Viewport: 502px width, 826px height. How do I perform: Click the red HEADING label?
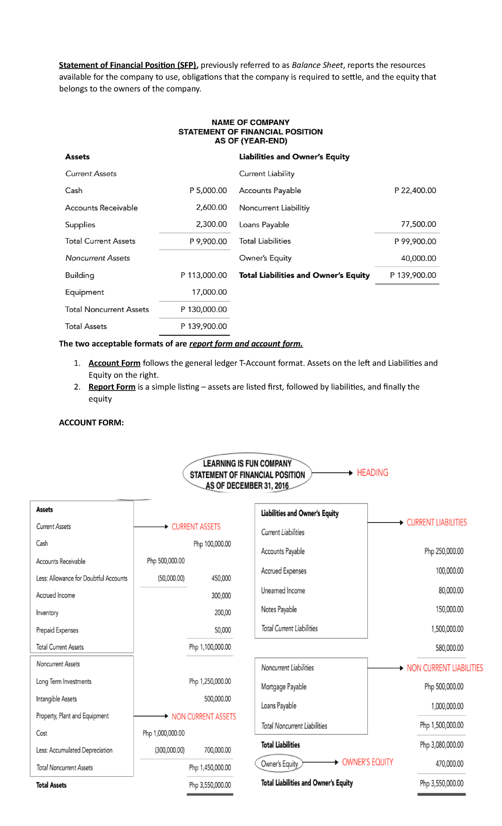[x=372, y=473]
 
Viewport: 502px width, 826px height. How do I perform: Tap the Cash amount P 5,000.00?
[x=208, y=191]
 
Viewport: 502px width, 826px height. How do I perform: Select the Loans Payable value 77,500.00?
[x=418, y=224]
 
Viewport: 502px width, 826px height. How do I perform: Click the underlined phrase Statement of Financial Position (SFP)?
[x=128, y=65]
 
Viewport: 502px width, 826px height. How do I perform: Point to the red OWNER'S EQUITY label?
[x=367, y=762]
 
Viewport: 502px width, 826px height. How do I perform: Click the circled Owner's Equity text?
[x=279, y=764]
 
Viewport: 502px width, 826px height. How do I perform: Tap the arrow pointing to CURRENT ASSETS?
[x=151, y=527]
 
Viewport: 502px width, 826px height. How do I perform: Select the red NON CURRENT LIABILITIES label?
[x=445, y=668]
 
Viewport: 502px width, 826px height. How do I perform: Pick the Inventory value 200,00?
[x=223, y=613]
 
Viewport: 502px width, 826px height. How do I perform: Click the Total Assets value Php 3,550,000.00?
[x=210, y=785]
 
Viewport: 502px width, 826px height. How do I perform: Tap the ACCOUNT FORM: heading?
[x=91, y=423]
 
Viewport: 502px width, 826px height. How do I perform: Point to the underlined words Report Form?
[x=112, y=387]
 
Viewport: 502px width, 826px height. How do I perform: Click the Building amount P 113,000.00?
[x=204, y=275]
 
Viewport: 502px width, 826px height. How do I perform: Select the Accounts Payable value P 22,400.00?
[x=415, y=191]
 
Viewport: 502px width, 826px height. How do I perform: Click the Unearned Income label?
[x=283, y=591]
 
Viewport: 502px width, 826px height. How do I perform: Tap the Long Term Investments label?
[x=64, y=682]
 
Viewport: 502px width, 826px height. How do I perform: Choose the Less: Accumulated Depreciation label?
[x=74, y=750]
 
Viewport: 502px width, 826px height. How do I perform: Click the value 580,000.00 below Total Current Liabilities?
[x=449, y=648]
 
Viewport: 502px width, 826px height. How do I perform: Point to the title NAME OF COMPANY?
[x=250, y=122]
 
